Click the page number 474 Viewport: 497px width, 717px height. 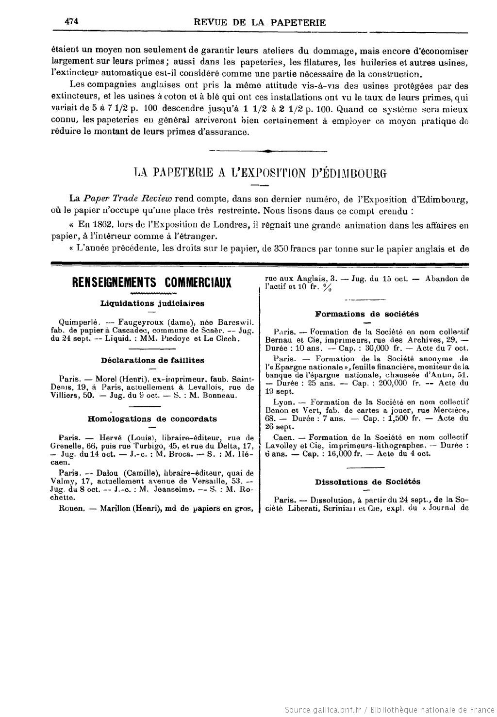[x=71, y=21]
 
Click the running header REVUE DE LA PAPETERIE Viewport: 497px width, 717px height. [x=259, y=22]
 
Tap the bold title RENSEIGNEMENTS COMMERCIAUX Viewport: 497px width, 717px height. [x=151, y=283]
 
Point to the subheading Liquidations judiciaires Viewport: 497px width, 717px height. [x=152, y=303]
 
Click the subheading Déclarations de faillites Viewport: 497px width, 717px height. [x=152, y=360]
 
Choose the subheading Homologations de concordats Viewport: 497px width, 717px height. [x=152, y=418]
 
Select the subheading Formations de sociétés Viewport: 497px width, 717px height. [x=366, y=314]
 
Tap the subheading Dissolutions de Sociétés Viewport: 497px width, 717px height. [x=367, y=482]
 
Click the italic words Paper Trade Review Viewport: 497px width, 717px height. [x=128, y=199]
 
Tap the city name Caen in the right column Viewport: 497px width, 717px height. [x=282, y=437]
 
